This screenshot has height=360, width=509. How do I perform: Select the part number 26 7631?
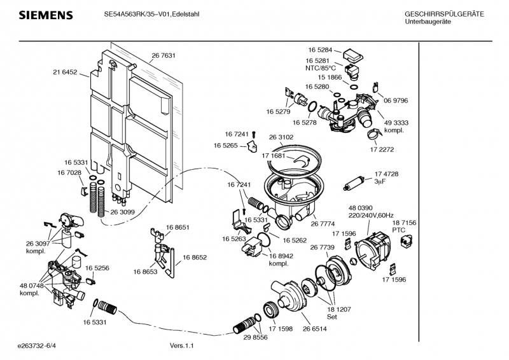click(x=164, y=56)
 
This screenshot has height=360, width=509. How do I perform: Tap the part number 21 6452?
click(x=65, y=73)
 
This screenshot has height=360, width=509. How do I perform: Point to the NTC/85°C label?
click(x=320, y=67)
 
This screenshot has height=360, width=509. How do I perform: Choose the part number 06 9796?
click(x=396, y=100)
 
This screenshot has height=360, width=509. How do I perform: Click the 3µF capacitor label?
click(x=380, y=182)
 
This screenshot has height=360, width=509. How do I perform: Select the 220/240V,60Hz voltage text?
click(x=371, y=216)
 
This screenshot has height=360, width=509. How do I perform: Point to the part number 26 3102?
click(x=281, y=137)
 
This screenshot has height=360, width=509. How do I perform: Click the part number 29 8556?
click(x=255, y=338)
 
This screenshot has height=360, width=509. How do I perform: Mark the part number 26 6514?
click(x=315, y=329)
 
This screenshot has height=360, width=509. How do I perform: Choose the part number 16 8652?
click(x=195, y=258)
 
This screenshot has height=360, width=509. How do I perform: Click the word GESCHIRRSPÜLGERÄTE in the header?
click(x=444, y=14)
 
